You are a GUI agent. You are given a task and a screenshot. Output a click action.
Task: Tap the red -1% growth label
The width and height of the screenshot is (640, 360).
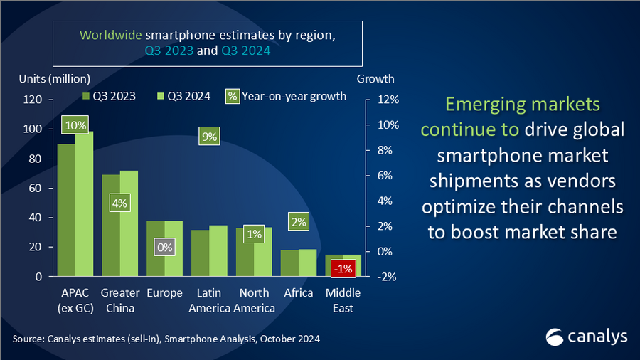pyautogui.click(x=343, y=268)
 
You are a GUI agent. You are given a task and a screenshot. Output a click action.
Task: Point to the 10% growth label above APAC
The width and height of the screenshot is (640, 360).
pyautogui.click(x=75, y=125)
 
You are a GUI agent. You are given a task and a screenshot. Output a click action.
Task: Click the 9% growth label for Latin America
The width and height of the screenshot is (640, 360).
pyautogui.click(x=209, y=137)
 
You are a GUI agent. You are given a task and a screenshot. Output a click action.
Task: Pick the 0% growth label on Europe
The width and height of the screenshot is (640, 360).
pyautogui.click(x=164, y=248)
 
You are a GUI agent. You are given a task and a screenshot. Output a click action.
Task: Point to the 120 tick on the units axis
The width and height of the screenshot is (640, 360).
pyautogui.click(x=33, y=100)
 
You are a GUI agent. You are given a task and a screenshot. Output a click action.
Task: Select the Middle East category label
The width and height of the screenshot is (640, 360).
pyautogui.click(x=343, y=300)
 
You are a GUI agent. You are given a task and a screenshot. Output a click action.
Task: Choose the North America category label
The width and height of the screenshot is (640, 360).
pyautogui.click(x=254, y=300)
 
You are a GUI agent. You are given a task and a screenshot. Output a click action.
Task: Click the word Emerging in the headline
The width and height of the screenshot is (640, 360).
pyautogui.click(x=486, y=105)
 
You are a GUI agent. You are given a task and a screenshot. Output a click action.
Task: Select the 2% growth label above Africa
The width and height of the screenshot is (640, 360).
pyautogui.click(x=298, y=222)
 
